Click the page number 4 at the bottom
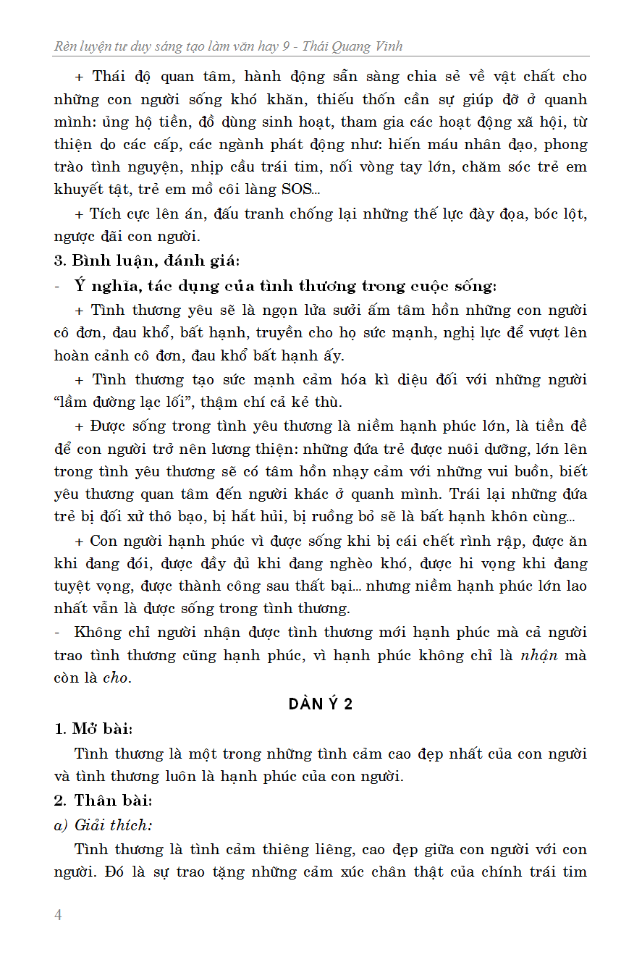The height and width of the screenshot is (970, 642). (59, 915)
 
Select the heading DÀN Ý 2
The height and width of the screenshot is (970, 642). (320, 704)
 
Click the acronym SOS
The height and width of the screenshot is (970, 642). (295, 190)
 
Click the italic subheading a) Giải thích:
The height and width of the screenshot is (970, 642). (103, 824)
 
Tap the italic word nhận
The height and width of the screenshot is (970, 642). (539, 656)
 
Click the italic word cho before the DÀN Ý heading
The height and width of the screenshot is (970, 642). (115, 679)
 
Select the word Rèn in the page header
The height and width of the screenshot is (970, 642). (67, 47)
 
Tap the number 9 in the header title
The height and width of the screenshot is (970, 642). (287, 47)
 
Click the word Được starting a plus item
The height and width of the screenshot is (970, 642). (109, 426)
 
